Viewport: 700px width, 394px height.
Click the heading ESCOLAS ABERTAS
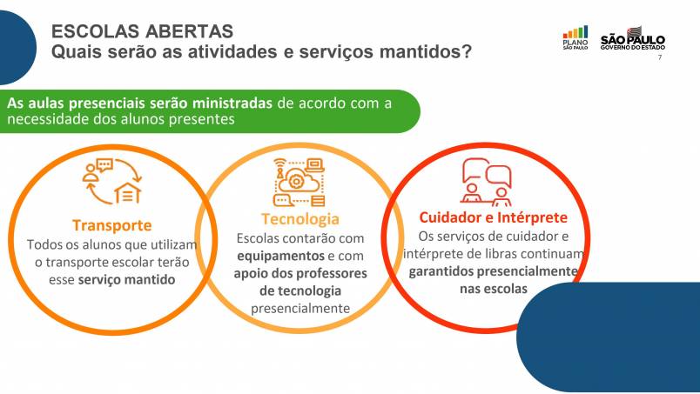pyautogui.click(x=143, y=31)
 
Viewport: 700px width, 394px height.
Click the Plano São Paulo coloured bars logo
pyautogui.click(x=575, y=37)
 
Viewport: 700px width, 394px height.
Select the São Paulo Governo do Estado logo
pyautogui.click(x=633, y=38)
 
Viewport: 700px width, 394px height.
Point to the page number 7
pyautogui.click(x=660, y=57)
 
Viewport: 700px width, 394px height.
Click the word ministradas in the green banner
pyautogui.click(x=232, y=104)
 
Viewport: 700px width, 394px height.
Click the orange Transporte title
pyautogui.click(x=112, y=225)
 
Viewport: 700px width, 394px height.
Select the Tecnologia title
pyautogui.click(x=300, y=219)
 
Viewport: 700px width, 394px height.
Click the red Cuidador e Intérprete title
pyautogui.click(x=494, y=217)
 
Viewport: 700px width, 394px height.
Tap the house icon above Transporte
pyautogui.click(x=128, y=192)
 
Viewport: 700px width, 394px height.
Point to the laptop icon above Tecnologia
pyautogui.click(x=315, y=165)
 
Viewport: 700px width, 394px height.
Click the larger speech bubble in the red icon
pyautogui.click(x=499, y=176)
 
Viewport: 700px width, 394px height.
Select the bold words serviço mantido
pyautogui.click(x=126, y=280)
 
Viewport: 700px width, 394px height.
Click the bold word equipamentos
pyautogui.click(x=281, y=256)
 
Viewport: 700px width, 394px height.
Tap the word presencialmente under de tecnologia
pyautogui.click(x=300, y=308)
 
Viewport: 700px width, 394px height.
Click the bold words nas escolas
pyautogui.click(x=494, y=289)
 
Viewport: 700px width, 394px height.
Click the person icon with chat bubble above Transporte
pyautogui.click(x=98, y=170)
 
